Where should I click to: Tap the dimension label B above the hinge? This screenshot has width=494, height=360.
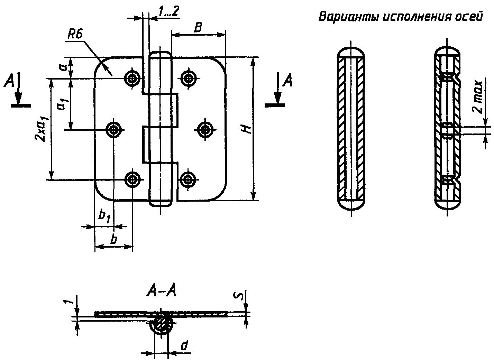(x=198, y=28)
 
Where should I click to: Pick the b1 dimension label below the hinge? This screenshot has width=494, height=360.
(x=104, y=217)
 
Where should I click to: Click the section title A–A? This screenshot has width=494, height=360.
(x=162, y=292)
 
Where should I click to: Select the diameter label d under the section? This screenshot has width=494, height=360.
(x=184, y=345)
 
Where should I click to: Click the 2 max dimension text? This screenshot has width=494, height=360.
(x=477, y=97)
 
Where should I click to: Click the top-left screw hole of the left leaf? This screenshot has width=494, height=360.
(x=132, y=78)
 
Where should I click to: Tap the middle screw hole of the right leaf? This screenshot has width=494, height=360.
(x=205, y=129)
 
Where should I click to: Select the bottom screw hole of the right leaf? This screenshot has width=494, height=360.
(x=187, y=179)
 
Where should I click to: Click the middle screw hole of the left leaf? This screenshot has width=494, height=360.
(x=113, y=130)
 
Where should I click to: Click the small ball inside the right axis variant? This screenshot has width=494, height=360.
(x=447, y=130)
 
